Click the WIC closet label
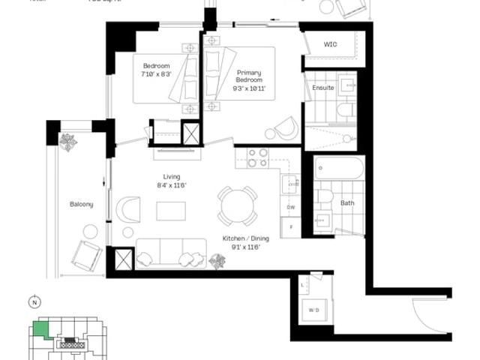(x=330, y=44)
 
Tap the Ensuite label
(x=323, y=88)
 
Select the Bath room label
(x=347, y=202)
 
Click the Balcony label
(x=82, y=204)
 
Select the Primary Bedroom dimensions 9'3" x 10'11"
(x=249, y=88)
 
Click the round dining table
(x=238, y=205)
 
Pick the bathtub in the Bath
(x=340, y=168)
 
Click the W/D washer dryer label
(x=313, y=309)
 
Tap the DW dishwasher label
(x=290, y=207)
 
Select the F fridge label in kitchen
(x=290, y=226)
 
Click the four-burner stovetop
(x=258, y=157)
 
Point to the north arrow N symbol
(x=34, y=303)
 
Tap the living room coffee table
(x=171, y=211)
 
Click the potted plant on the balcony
(x=69, y=142)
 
